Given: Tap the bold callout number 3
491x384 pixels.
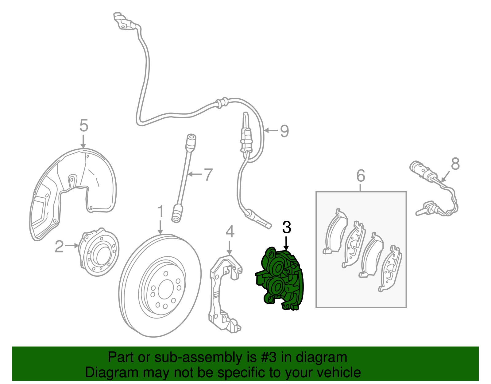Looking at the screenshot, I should [286, 228].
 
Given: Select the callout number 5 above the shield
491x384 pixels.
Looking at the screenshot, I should [84, 125].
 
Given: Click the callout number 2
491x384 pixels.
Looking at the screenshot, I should [59, 246].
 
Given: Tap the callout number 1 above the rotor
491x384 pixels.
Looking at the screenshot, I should [160, 212].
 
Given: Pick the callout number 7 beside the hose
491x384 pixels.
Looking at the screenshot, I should [208, 175].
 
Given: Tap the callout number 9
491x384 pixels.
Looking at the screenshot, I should [284, 131].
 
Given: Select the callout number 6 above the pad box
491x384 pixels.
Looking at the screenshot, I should [361, 176].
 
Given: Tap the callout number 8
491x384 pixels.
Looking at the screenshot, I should [455, 164].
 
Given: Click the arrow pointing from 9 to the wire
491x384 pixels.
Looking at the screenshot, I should [271, 131].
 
